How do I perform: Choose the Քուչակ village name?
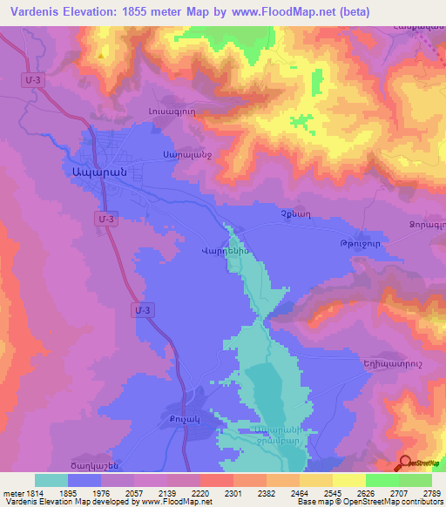(172, 419)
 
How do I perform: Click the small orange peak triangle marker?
(104, 53)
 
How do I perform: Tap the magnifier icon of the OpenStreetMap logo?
(406, 463)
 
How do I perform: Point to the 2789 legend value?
(432, 492)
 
